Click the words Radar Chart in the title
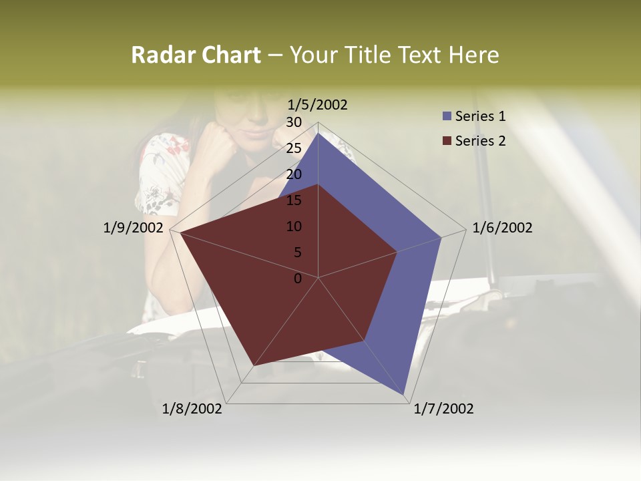(196, 55)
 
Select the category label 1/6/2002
(502, 228)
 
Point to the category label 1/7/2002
(443, 409)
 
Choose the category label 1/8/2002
(192, 409)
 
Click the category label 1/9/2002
(134, 228)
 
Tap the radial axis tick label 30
(293, 122)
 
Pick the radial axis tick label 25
(293, 148)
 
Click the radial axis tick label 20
(293, 174)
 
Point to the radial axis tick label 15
(293, 200)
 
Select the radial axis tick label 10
(293, 226)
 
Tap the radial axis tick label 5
(296, 253)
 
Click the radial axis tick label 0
(298, 279)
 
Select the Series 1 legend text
(480, 116)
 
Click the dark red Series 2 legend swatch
(447, 141)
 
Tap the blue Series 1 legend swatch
(447, 116)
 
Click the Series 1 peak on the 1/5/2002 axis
(318, 133)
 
